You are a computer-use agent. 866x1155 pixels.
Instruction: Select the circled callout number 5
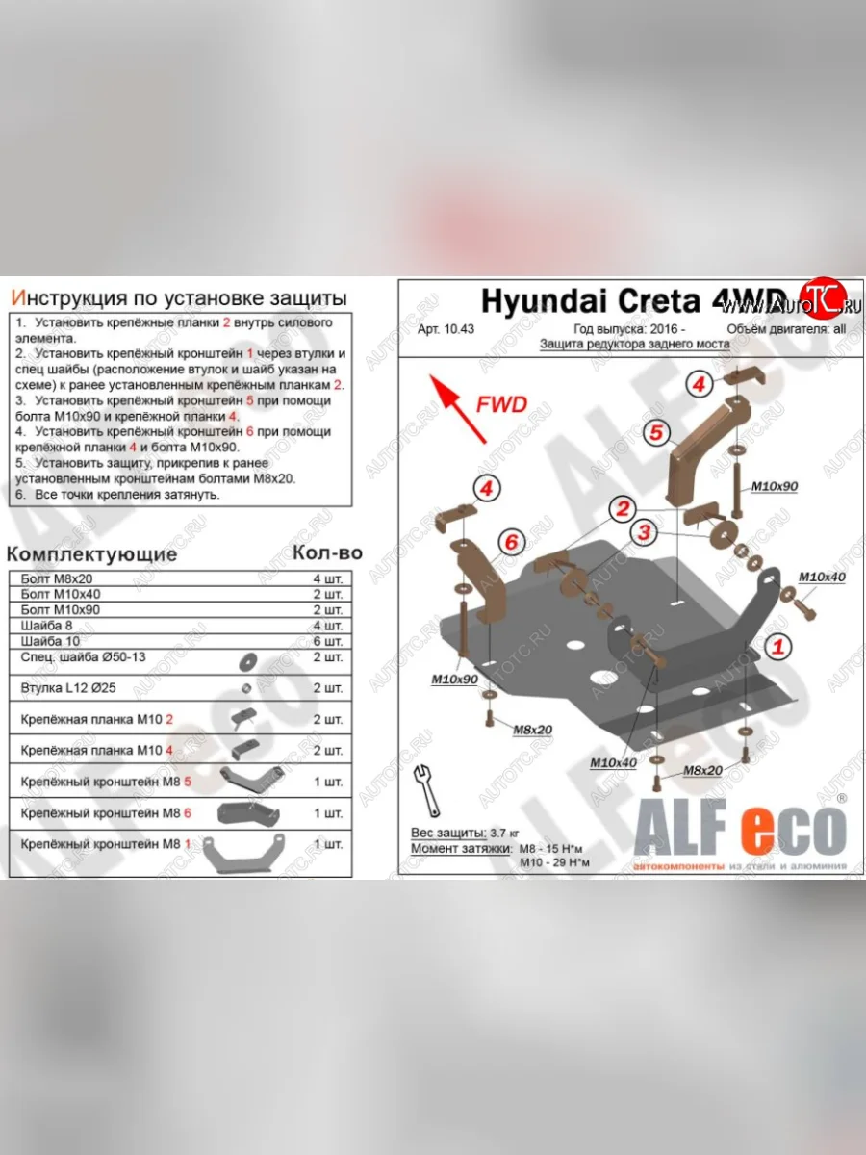[656, 432]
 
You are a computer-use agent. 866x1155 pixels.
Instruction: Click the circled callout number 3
[642, 532]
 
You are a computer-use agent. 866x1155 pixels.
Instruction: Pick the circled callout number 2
[624, 508]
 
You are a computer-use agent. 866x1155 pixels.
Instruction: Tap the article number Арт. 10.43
[446, 328]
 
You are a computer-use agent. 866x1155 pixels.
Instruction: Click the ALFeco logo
[739, 829]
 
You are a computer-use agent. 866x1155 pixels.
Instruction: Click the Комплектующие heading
[92, 554]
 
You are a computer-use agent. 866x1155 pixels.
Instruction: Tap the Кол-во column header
[327, 553]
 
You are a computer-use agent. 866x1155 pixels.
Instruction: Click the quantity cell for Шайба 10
[327, 641]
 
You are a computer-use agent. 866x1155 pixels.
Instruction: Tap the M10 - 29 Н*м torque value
[554, 862]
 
